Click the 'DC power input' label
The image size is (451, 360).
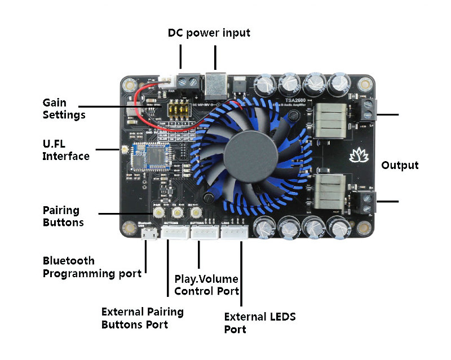209,33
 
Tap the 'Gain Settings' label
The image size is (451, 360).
64,109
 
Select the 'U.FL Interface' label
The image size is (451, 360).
65,150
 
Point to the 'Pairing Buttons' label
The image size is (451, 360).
63,216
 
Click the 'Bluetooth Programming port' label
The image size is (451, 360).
92,268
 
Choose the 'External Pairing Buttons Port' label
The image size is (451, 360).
142,318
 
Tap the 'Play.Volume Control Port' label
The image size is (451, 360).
206,285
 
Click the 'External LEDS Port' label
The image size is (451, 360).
260,323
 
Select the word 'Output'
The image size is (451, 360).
400,165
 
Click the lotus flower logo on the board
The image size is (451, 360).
358,155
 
